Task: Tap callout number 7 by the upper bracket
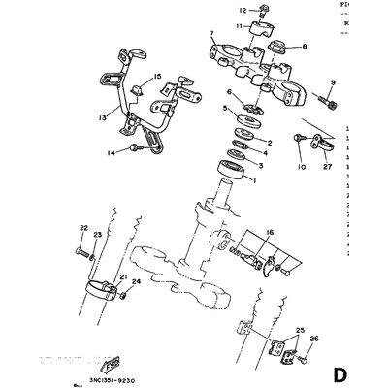211,35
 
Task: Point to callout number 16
270,234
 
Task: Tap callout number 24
136,283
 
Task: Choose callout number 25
301,331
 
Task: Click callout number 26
313,339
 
